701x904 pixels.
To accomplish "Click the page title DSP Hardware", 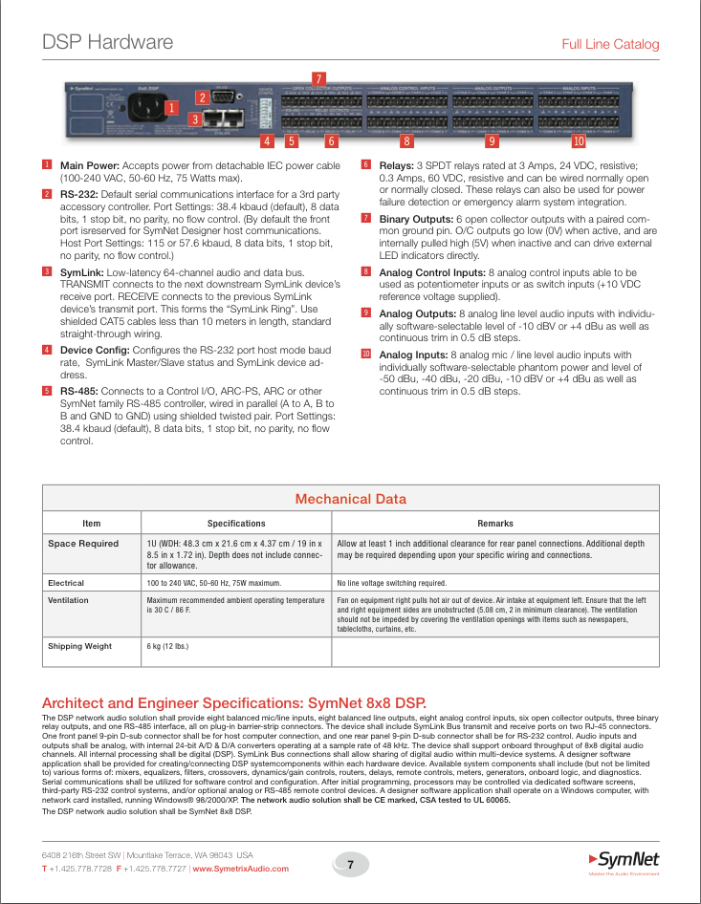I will pos(108,42).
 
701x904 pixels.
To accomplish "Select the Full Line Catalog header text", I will pos(610,44).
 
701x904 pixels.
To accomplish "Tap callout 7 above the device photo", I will pos(319,76).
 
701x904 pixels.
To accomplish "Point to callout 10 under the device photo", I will pos(578,141).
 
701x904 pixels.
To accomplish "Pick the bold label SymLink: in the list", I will pos(81,272).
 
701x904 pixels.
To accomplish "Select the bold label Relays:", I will pos(397,165).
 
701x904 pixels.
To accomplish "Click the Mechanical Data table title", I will pos(350,499).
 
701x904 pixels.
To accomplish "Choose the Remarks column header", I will pos(495,523).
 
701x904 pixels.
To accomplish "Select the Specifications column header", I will pos(236,523).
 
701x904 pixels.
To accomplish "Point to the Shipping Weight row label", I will pos(79,646).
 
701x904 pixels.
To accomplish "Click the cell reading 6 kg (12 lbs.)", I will pos(167,646).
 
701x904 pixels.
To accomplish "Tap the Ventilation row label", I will pos(68,600).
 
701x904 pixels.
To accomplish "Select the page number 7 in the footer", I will pos(351,865).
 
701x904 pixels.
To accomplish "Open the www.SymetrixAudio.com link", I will pos(241,869).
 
